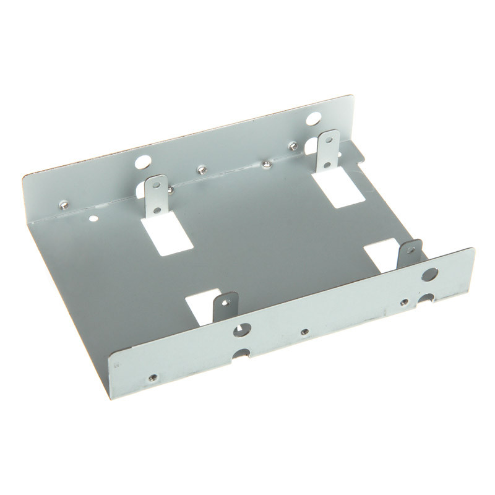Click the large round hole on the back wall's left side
[142, 163]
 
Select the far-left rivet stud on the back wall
[63, 205]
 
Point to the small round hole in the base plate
[93, 218]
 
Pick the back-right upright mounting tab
[329, 150]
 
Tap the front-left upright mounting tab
[226, 307]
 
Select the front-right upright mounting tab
[410, 254]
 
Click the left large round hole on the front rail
[241, 330]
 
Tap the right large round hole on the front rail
[429, 274]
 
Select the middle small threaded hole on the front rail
[304, 332]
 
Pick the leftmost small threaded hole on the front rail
[153, 377]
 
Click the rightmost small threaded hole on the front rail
[404, 303]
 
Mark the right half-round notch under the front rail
[426, 298]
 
